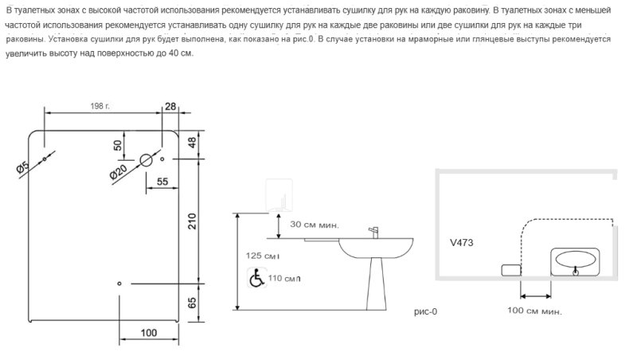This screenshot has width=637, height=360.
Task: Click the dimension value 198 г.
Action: (x=100, y=106)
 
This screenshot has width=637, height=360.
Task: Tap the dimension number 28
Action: (x=170, y=106)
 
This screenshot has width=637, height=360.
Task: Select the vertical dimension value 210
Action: (x=192, y=221)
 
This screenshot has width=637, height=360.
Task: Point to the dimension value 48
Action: (x=192, y=143)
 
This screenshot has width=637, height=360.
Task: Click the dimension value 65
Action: (x=192, y=303)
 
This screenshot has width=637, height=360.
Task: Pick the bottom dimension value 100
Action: (x=149, y=333)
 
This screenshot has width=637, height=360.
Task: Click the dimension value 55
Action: (x=162, y=182)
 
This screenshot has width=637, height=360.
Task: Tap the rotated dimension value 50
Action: (x=117, y=145)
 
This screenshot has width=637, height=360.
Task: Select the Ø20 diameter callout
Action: (x=119, y=172)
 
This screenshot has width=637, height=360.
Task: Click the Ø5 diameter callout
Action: (x=23, y=168)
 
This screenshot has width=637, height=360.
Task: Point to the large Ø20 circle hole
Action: (x=147, y=160)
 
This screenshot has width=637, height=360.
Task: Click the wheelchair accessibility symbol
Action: (x=256, y=278)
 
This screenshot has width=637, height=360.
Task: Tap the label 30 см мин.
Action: (x=314, y=225)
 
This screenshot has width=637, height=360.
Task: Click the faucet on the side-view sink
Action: (x=373, y=233)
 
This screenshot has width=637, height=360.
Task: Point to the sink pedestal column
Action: (x=376, y=284)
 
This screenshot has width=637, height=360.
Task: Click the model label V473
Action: (x=462, y=243)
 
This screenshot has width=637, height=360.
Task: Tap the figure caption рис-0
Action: (x=425, y=311)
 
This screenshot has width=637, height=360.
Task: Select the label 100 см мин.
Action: (x=534, y=311)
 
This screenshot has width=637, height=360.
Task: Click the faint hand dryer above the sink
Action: (x=279, y=194)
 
